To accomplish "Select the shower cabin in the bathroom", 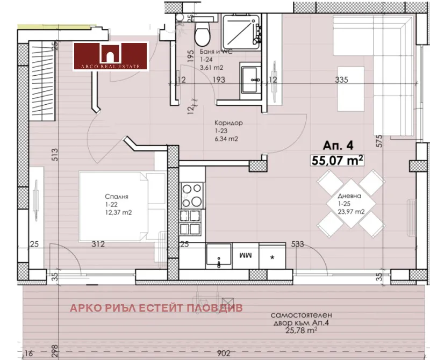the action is click(x=241, y=33).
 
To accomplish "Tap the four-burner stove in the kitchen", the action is click(x=192, y=195).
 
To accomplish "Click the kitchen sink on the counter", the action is click(x=219, y=255).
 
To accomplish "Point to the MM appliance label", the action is click(x=246, y=255).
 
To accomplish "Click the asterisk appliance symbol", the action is click(x=272, y=257).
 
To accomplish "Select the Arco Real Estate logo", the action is click(x=111, y=56).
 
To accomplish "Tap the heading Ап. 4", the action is click(x=338, y=145).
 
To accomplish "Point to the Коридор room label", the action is click(x=229, y=123).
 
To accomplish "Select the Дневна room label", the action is click(x=349, y=196).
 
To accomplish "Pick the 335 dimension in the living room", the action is click(x=342, y=80).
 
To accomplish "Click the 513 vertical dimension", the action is click(x=55, y=154).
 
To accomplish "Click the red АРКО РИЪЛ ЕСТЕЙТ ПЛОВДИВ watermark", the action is click(x=156, y=308).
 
